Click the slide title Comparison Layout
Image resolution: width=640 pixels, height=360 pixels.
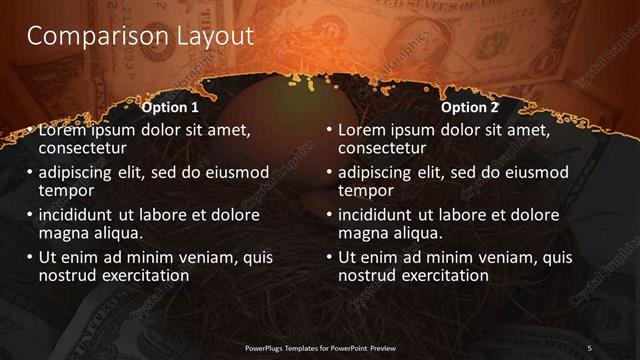[x=139, y=37]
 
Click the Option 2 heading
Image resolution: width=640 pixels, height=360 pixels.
[x=469, y=107]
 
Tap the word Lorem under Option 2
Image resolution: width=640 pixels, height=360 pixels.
[x=362, y=130]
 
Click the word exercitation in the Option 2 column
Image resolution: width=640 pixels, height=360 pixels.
[x=443, y=275]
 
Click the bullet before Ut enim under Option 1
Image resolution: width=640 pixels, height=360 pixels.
[x=30, y=256]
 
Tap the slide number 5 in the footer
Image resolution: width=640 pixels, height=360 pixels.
[x=590, y=347]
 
